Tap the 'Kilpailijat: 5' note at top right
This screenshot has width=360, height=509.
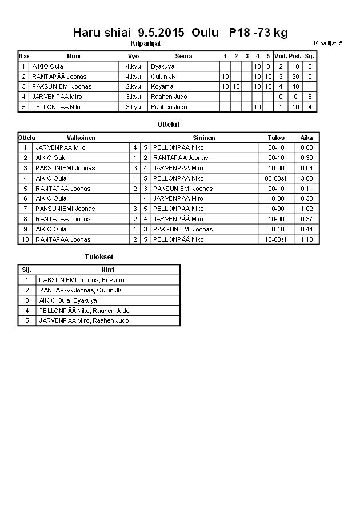(329, 43)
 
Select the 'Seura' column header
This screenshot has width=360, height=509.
(183, 56)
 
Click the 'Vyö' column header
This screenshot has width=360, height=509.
(133, 56)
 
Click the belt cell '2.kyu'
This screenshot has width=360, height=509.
(133, 86)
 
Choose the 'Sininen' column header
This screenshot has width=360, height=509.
(204, 138)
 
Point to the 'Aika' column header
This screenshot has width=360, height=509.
(307, 138)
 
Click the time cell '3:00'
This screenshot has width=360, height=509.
(307, 178)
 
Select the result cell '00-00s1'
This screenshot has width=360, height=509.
(277, 178)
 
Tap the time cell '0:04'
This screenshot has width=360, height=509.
(307, 168)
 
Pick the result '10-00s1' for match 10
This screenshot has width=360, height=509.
(277, 239)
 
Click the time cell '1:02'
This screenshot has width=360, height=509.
(307, 209)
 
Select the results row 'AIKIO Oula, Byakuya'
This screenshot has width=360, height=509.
(68, 300)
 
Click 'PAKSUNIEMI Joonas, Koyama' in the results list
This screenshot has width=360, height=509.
(81, 280)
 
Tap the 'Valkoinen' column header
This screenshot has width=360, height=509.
(81, 138)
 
